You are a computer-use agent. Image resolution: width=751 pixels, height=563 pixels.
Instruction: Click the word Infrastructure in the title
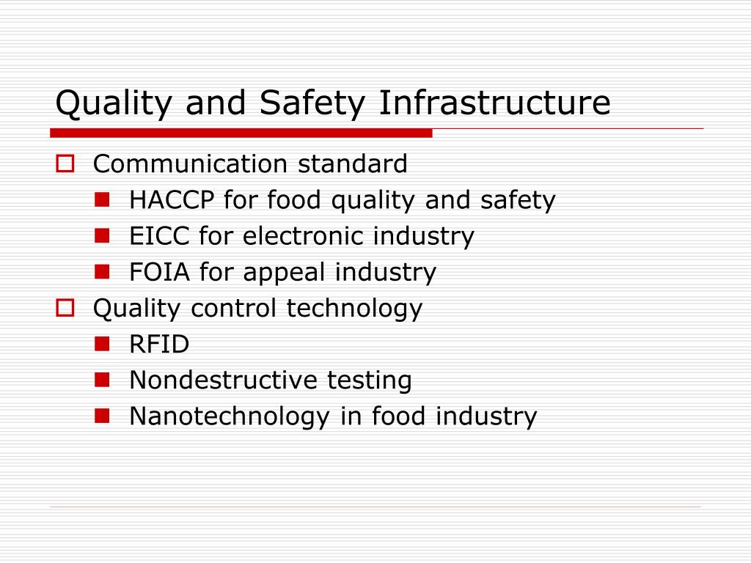pos(495,103)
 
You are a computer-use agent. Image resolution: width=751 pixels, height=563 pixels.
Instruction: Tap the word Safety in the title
pos(312,103)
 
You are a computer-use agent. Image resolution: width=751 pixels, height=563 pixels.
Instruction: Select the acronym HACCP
pos(172,199)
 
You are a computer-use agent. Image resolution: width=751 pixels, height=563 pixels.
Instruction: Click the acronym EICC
pos(159,235)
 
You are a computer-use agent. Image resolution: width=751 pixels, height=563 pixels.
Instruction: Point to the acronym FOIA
pos(160,272)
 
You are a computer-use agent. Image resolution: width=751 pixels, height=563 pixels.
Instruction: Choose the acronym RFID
pos(159,345)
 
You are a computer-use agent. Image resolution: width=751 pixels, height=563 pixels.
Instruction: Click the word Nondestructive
pos(223,380)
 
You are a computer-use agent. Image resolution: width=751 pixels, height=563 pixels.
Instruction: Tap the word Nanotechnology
pos(230,417)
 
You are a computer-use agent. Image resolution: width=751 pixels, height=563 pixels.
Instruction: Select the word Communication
pos(190,163)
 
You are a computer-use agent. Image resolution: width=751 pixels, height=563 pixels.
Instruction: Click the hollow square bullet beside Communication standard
pos(65,163)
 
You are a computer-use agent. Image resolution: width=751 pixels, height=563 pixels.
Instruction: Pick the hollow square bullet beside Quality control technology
pos(65,308)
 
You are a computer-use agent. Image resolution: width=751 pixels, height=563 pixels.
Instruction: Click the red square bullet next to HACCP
pos(102,199)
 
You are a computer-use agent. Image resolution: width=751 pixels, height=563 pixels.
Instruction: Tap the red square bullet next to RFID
pos(102,344)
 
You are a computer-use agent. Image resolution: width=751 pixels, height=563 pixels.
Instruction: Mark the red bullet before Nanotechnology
pos(102,416)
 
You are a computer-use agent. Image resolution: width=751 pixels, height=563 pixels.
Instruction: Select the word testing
pos(370,381)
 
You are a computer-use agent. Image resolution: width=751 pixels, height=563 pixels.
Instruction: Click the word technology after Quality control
pos(354,309)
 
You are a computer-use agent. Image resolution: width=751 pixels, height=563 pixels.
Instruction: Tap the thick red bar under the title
pos(241,133)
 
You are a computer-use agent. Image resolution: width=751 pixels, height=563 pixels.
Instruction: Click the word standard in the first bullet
pos(353,163)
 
